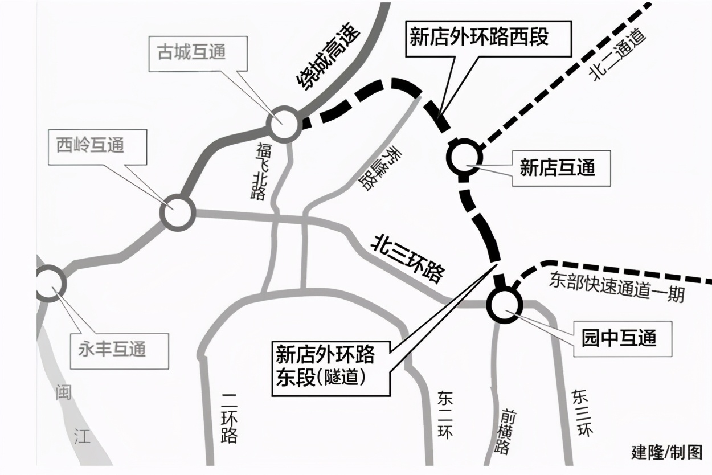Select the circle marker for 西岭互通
[177, 212]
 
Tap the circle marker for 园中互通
[504, 304]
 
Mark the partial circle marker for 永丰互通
[49, 283]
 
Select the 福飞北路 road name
[261, 170]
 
